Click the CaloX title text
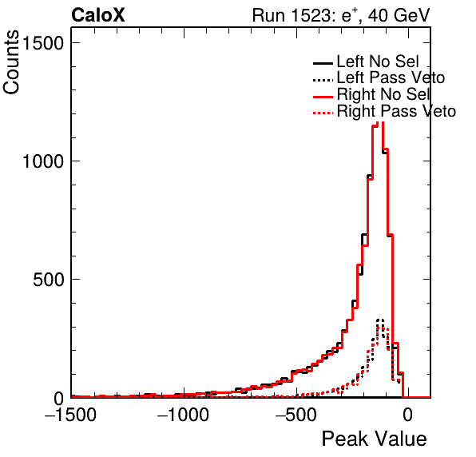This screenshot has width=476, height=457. (x=98, y=15)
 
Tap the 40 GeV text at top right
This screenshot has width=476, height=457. (x=399, y=15)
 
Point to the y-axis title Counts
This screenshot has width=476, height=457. (x=11, y=62)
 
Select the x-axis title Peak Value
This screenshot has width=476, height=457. (x=374, y=439)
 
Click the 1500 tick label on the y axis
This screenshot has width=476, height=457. (x=42, y=43)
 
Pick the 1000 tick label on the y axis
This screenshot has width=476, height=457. (x=42, y=161)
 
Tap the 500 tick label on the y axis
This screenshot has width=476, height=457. (x=49, y=280)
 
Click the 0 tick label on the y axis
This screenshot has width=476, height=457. (x=59, y=399)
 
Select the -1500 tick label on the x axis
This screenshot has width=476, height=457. (x=70, y=414)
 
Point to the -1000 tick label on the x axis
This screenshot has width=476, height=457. (x=183, y=414)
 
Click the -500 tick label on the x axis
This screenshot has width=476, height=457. (x=296, y=414)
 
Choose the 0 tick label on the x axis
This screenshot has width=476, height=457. (x=408, y=414)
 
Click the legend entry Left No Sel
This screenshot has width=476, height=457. (x=378, y=62)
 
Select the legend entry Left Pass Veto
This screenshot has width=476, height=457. (x=391, y=77)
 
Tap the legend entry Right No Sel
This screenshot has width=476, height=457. (x=383, y=94)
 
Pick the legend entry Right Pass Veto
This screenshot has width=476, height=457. (x=396, y=111)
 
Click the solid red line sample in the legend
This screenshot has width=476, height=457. (x=323, y=97)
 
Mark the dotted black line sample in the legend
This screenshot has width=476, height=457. (x=323, y=80)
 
